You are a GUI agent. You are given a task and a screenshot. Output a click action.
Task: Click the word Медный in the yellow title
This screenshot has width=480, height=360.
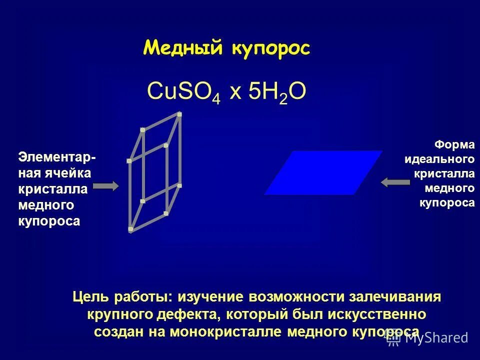click(x=184, y=48)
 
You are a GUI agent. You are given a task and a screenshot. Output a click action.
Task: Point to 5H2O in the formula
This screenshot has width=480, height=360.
click(x=276, y=92)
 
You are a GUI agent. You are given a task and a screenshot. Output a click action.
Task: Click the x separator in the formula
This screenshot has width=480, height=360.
click(x=234, y=93)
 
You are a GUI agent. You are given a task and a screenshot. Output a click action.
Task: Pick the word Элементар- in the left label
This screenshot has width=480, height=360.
click(x=58, y=157)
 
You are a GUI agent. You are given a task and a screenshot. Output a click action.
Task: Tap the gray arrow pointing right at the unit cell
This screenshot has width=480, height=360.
click(x=106, y=186)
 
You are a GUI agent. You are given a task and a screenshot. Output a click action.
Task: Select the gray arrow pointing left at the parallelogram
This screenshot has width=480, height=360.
click(x=395, y=182)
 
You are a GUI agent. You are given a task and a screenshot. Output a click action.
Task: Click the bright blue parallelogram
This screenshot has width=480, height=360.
click(x=323, y=172)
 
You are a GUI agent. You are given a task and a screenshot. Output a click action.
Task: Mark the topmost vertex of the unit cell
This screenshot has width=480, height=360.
click(x=179, y=114)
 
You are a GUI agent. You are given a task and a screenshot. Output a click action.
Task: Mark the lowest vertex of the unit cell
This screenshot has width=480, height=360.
click(x=130, y=229)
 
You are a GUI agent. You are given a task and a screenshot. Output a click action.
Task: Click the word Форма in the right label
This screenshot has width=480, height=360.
click(x=454, y=144)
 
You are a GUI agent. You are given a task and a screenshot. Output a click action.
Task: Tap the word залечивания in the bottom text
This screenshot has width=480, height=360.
click(x=400, y=297)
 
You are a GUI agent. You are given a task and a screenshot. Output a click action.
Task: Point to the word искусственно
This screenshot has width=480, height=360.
click(x=377, y=314)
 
